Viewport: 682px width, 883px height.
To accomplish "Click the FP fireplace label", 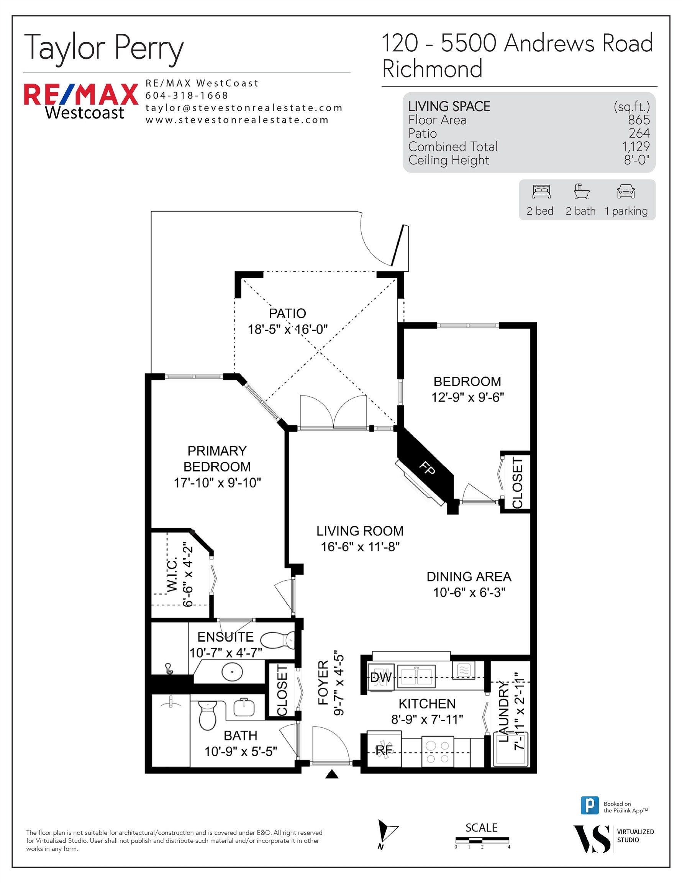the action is point(427,469).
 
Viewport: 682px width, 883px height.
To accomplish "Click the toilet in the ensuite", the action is point(277,640).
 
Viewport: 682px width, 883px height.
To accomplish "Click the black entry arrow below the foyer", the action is point(331,774).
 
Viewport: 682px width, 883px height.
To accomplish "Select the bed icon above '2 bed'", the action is point(541,191).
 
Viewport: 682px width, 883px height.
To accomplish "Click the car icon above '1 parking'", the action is point(626,191).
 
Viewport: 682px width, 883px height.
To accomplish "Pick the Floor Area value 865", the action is point(639,120).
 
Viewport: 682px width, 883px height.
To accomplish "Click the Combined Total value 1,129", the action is point(636,146).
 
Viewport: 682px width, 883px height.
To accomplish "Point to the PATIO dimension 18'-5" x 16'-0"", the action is point(287,329).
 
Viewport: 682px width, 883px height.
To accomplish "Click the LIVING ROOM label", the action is point(360,531).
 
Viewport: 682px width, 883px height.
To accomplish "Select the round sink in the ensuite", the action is point(232,672).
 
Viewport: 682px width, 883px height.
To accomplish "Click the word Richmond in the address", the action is point(432,69).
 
